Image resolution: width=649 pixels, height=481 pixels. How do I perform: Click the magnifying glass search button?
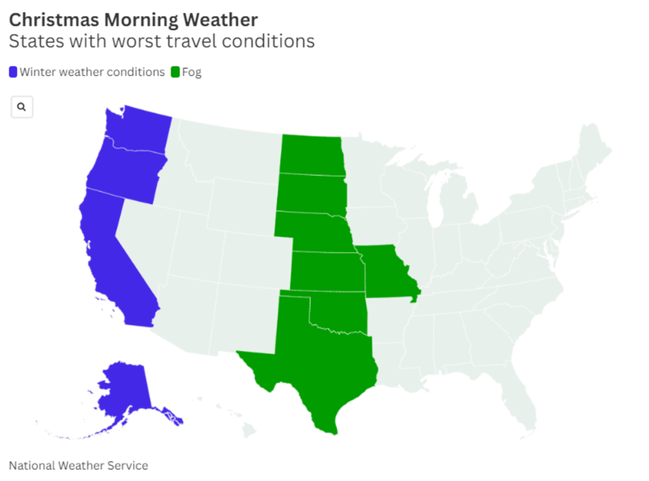22,107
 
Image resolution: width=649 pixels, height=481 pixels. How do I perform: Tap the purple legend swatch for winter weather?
13,72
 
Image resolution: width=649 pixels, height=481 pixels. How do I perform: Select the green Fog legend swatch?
175,72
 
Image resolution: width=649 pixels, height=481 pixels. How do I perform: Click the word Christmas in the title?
54,20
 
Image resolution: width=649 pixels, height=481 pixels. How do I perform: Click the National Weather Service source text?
79,465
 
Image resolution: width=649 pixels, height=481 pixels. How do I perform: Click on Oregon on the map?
125,173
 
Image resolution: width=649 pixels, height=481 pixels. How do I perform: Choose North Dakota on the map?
312,154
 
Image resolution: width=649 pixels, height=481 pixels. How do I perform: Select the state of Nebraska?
317,231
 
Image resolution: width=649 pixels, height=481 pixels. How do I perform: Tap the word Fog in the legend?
191,73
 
